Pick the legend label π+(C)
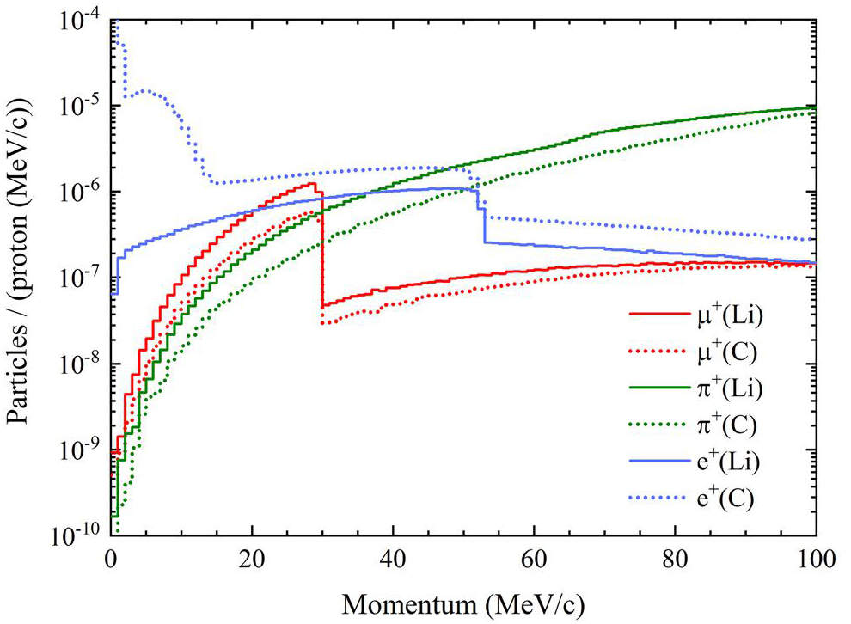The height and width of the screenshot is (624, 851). pyautogui.click(x=725, y=425)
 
